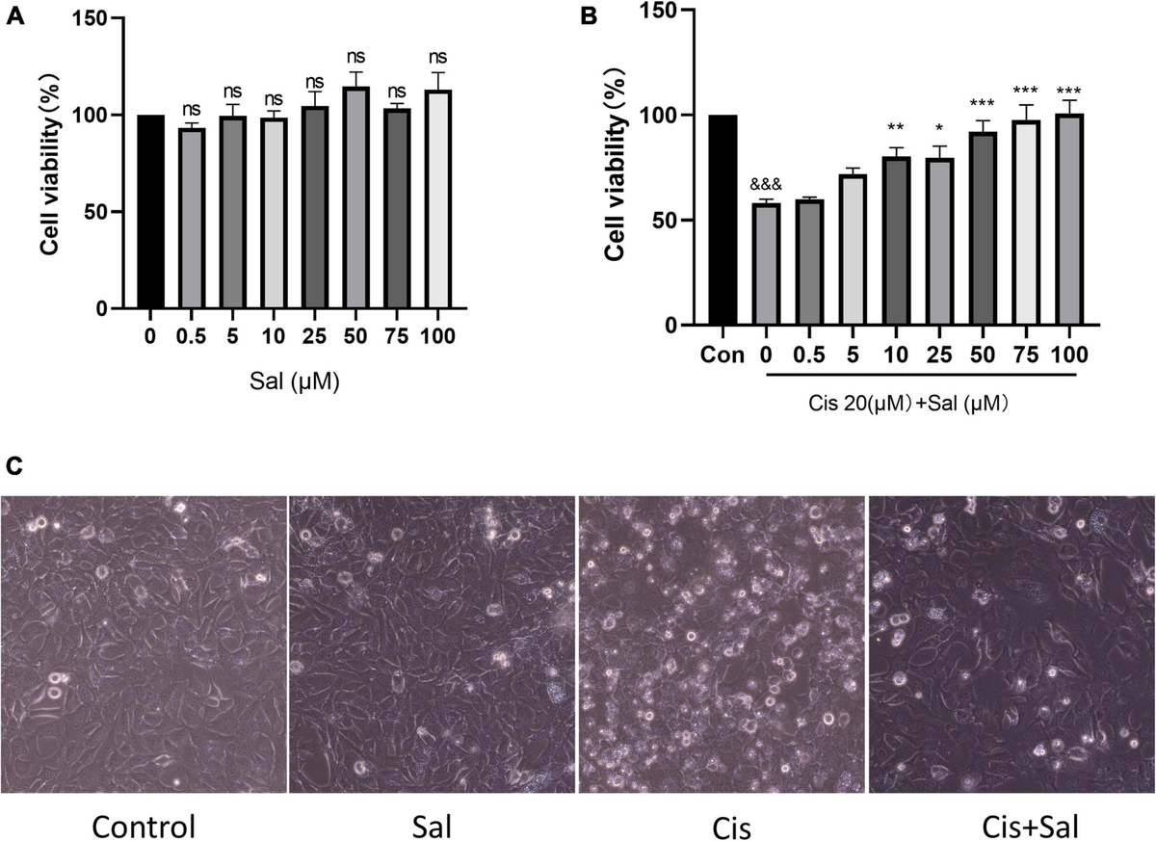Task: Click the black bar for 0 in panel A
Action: point(150,212)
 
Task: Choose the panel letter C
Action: point(13,465)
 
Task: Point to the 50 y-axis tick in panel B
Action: point(663,220)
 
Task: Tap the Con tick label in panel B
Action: point(722,355)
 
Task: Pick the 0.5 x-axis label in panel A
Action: point(193,337)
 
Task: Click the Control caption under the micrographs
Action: point(144,825)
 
